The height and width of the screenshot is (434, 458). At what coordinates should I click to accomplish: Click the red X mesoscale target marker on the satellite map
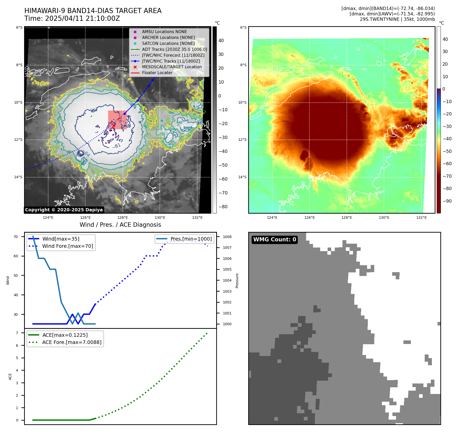point(113,125)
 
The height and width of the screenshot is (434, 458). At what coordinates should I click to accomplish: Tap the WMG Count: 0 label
point(275,240)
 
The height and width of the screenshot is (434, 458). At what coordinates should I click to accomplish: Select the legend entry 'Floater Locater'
point(157,73)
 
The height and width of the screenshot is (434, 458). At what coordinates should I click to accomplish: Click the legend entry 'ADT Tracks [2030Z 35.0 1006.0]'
point(174,50)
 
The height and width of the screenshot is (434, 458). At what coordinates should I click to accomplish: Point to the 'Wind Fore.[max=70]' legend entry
point(67,246)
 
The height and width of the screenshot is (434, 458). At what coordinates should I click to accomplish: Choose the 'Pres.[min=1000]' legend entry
point(191,239)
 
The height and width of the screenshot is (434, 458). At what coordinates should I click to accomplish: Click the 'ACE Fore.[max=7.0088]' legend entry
point(71,342)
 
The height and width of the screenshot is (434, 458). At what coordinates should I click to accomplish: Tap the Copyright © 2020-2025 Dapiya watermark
point(64,210)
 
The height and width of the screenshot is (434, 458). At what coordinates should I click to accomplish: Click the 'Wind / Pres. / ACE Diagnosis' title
point(120,225)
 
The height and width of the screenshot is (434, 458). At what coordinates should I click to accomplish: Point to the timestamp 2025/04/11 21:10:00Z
point(82,19)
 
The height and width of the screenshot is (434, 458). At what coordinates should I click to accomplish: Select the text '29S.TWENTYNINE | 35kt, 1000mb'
point(397,19)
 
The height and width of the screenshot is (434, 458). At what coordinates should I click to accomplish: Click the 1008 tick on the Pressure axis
point(227,237)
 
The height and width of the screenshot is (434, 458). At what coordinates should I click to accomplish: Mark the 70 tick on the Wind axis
point(16,237)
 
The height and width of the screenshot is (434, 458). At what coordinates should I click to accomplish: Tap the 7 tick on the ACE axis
point(17,333)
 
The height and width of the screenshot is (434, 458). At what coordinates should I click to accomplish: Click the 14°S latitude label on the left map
point(18,177)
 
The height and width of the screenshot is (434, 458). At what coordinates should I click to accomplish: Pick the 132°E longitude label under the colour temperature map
point(421,218)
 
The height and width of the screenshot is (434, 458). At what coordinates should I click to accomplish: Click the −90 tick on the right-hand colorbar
point(447,201)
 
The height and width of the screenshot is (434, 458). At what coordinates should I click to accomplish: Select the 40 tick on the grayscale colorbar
point(221,41)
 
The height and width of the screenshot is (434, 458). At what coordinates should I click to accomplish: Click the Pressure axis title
point(237,281)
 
